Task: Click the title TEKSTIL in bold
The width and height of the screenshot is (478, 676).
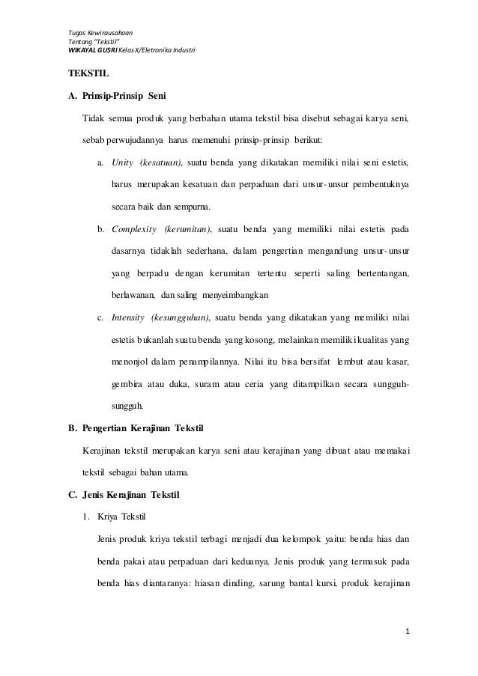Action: [88, 75]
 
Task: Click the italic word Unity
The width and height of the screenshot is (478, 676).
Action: [122, 162]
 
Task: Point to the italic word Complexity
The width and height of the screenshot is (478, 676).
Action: [133, 229]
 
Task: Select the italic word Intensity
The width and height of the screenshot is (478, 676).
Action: [128, 317]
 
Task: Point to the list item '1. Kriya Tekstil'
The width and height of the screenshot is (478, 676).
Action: [115, 517]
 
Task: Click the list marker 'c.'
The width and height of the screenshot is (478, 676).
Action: [101, 317]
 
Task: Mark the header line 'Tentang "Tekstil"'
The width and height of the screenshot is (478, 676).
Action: [94, 42]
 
